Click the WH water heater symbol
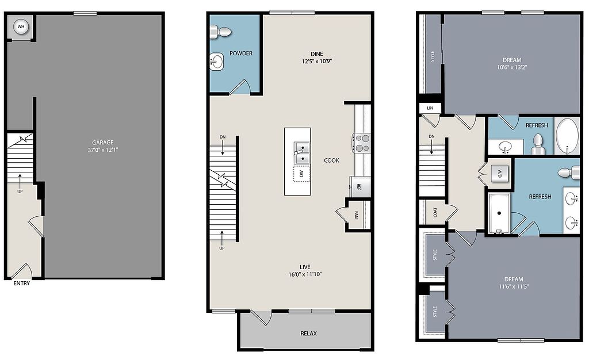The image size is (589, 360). [21, 27]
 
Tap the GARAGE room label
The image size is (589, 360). [103, 142]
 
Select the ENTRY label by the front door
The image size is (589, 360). [21, 284]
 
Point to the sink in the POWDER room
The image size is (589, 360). [216, 62]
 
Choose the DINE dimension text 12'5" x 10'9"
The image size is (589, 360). [317, 61]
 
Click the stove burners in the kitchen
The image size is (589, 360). [361, 143]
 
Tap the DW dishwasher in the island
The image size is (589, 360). [301, 174]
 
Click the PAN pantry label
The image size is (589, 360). [356, 215]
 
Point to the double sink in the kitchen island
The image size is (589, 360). [301, 154]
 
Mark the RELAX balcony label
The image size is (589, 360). [308, 334]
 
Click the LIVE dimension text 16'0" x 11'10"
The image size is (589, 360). [305, 274]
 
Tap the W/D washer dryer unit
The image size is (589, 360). [500, 174]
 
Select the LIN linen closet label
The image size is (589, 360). [430, 108]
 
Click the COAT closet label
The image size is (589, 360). [435, 212]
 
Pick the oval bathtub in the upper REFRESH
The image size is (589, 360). [568, 136]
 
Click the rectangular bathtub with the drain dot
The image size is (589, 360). [499, 213]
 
